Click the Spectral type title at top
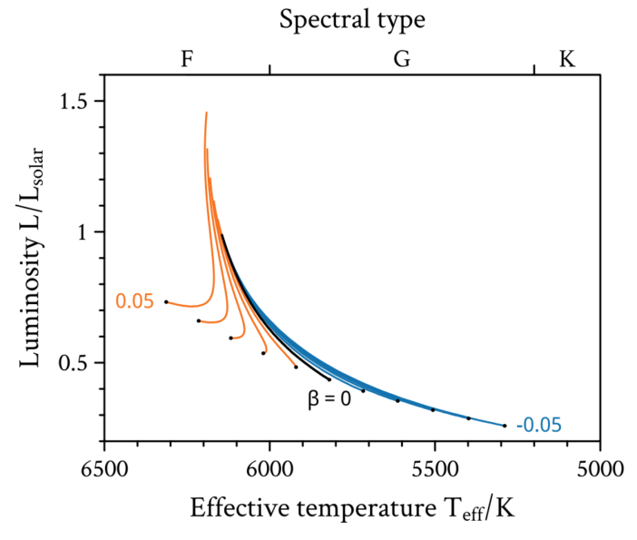(351, 18)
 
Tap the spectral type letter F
(187, 59)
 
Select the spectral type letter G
(401, 59)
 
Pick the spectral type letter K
(566, 59)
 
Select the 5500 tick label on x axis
(435, 470)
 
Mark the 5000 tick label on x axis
(599, 470)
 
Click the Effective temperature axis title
(351, 508)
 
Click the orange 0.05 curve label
(134, 302)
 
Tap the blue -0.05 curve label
(539, 425)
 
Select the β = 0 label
(328, 398)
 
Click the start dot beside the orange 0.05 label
(166, 301)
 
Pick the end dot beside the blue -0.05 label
(505, 425)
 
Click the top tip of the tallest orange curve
(206, 113)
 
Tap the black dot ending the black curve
(329, 379)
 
